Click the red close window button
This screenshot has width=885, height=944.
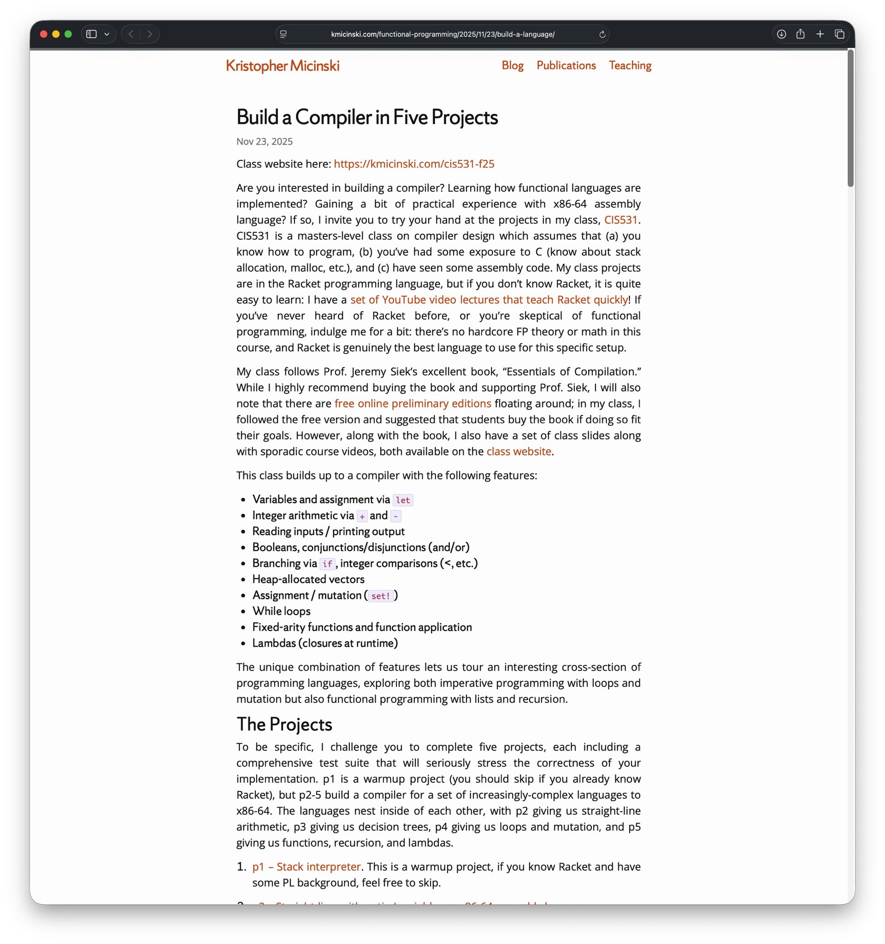coord(44,34)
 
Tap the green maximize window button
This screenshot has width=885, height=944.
coord(68,34)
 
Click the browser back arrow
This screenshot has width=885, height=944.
coord(131,34)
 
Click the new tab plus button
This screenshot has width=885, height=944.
coord(820,34)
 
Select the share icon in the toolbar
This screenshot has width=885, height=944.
coord(801,34)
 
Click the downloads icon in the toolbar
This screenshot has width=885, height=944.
coord(781,34)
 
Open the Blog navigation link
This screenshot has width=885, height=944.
coord(512,66)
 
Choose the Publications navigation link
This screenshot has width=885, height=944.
coord(566,66)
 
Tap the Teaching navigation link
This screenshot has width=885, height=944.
coord(630,66)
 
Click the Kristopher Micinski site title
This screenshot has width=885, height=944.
coord(283,66)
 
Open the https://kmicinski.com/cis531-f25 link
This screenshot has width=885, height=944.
coord(413,164)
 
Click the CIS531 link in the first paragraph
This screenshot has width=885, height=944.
coord(621,220)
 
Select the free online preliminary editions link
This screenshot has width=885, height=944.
coord(413,404)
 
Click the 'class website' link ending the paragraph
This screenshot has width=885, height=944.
coord(518,452)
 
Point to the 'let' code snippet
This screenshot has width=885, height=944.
coord(403,500)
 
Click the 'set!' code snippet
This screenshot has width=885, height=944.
coord(380,596)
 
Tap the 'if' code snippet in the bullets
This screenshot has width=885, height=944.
coord(327,564)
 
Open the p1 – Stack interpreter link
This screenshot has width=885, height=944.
coord(306,867)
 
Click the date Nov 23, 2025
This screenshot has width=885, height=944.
coord(264,142)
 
